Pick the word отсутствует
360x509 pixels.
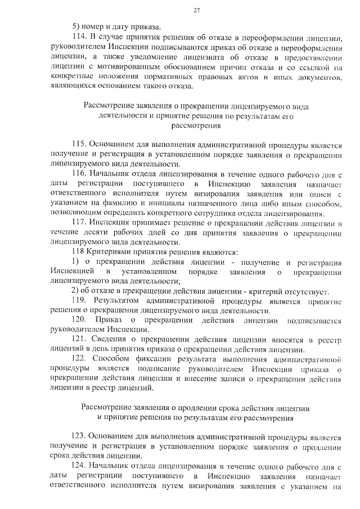(x=303, y=291)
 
